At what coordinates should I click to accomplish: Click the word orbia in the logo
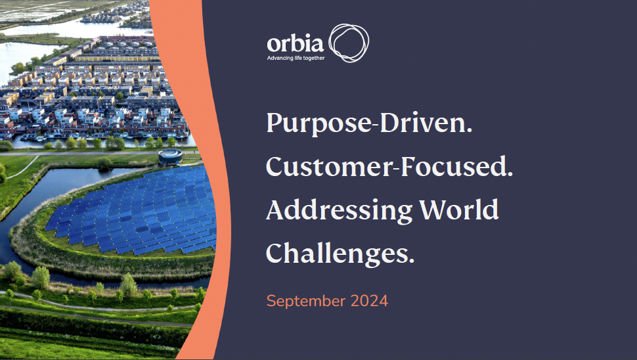click(x=295, y=43)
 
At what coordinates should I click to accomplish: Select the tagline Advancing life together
click(x=296, y=58)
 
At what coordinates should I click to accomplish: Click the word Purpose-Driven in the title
click(x=369, y=123)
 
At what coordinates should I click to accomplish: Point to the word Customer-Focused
click(x=389, y=166)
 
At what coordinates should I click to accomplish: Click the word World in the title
click(x=459, y=210)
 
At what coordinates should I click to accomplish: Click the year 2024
click(x=369, y=301)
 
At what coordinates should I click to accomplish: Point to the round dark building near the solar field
click(x=170, y=156)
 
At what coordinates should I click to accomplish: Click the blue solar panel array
click(x=134, y=210)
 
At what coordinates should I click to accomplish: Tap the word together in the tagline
click(x=314, y=58)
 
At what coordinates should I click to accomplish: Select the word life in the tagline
click(x=298, y=58)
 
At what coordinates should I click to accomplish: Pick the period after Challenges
click(x=411, y=261)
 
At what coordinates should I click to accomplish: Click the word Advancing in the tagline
click(x=280, y=58)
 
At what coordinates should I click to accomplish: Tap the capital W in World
click(x=433, y=210)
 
